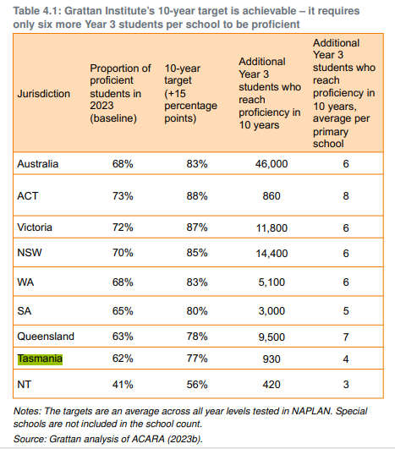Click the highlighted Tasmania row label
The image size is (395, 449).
(40, 359)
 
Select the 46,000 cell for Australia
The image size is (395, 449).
(272, 164)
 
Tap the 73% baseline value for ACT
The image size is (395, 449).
(123, 196)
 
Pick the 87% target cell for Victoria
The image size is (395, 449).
(197, 227)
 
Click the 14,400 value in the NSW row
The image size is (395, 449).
(272, 253)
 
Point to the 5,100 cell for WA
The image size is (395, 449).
(272, 282)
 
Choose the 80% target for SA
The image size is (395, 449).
(197, 311)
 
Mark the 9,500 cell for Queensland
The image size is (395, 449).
(272, 337)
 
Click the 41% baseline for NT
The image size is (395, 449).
(123, 384)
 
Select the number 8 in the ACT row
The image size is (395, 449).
(346, 196)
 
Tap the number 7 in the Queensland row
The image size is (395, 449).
(346, 337)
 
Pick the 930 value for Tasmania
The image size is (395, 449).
(272, 359)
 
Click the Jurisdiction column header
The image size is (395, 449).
(44, 94)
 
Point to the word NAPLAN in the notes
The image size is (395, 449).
(311, 411)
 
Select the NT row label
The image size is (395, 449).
(24, 384)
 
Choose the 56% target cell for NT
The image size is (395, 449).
(197, 384)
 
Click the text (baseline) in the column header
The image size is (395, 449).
(113, 118)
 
